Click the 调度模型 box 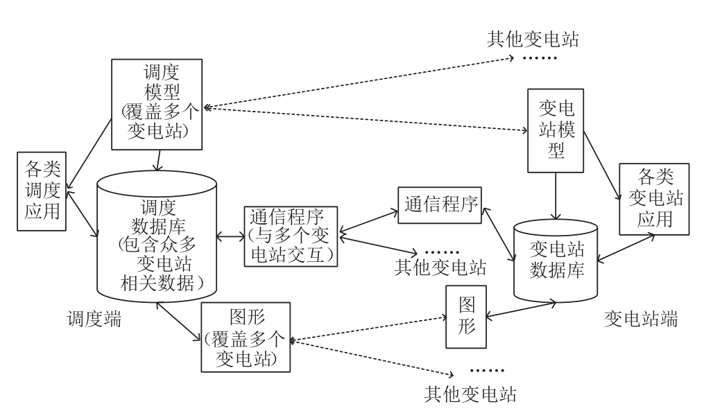coord(157,104)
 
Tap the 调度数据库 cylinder coord(157,236)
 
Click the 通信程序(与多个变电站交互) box coord(291,236)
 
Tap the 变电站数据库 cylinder coord(556,260)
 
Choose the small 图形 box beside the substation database coord(467,317)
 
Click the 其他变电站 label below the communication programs coord(440,266)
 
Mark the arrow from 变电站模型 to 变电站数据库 coord(556,197)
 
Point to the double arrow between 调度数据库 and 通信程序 coord(229,237)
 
